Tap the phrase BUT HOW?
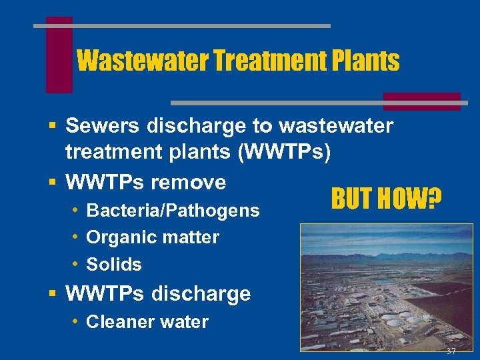point(386,198)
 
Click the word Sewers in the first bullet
point(99,125)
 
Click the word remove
point(190,182)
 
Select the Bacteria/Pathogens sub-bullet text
point(173,211)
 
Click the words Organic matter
point(153,237)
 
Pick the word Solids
point(114,265)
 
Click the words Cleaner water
point(147,322)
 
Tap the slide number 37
point(451,351)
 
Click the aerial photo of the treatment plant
point(386,287)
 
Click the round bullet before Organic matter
point(77,237)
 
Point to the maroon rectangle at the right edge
point(421,101)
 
